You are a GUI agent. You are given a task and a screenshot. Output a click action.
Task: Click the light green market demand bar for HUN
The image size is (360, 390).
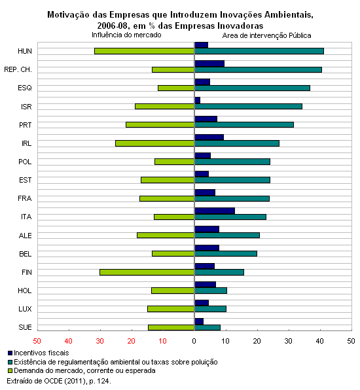[x=144, y=51]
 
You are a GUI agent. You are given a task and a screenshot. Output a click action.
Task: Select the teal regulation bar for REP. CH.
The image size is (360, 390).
[x=258, y=69]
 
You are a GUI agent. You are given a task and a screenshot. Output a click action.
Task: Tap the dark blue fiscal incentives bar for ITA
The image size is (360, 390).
[x=215, y=211]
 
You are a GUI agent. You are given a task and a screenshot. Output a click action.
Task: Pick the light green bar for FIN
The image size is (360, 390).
[x=147, y=272]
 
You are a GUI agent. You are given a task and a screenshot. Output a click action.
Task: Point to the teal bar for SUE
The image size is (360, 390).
[x=207, y=328]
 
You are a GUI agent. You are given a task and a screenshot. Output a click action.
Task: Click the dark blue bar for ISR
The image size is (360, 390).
[x=197, y=100]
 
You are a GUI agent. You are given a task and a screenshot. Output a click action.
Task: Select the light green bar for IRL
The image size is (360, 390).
[x=154, y=143]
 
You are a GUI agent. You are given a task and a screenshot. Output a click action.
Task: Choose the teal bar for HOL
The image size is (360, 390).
[x=211, y=291]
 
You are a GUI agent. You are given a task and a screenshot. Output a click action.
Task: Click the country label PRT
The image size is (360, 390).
[x=26, y=125]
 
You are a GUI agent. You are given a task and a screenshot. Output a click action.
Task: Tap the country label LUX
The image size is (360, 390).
[x=25, y=309]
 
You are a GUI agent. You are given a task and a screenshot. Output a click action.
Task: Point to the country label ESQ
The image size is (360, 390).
[x=25, y=88]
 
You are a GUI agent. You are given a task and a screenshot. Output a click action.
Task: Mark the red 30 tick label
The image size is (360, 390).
[x=99, y=341]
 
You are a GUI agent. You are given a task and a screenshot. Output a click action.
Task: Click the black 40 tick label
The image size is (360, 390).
[x=320, y=341]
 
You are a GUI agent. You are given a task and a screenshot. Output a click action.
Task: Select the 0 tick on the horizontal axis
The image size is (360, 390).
[x=194, y=341]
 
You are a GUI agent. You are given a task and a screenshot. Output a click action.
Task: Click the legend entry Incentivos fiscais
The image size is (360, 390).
[x=39, y=353]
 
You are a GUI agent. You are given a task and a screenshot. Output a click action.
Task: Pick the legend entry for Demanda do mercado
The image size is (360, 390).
[x=82, y=370]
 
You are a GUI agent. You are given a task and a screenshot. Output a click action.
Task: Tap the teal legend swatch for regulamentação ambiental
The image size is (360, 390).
[x=10, y=362]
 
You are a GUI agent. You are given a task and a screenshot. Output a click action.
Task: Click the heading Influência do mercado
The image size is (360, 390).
[x=126, y=35]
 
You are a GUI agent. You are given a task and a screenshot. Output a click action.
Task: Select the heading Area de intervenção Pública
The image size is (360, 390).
[x=266, y=35]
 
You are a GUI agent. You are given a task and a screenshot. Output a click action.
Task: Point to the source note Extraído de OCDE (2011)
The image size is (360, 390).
[x=59, y=381]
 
